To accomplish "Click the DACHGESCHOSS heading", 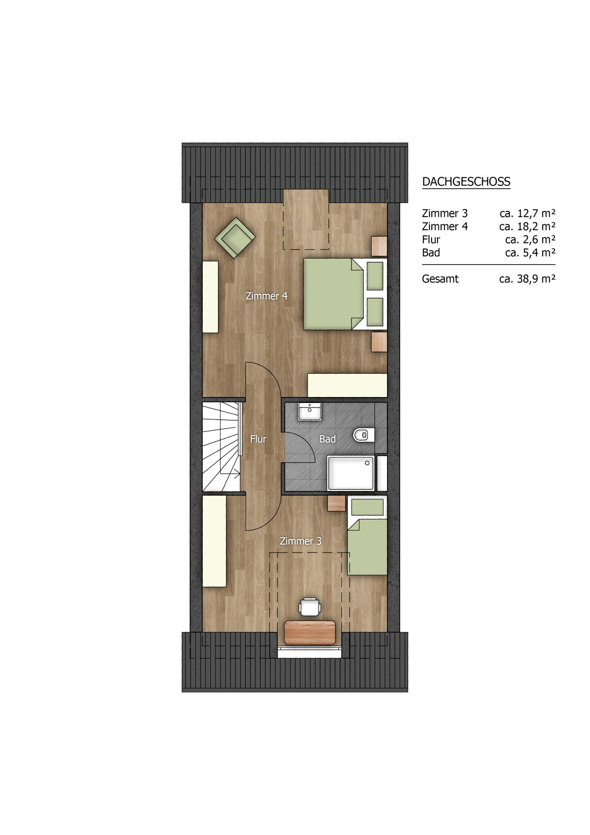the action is pos(466,181).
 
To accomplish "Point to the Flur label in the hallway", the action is pos(258,439).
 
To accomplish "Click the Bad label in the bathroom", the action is pos(327,439).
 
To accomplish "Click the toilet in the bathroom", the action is pos(363,435).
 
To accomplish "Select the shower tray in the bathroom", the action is pos(350,473).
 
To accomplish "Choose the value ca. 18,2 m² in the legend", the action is pos(527,226).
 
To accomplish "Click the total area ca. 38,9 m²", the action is pos(527,279).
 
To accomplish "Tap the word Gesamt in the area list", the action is pos(440,279).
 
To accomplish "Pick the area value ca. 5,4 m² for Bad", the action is pos(530,252).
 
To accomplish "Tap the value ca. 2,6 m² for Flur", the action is pos(530,239).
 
